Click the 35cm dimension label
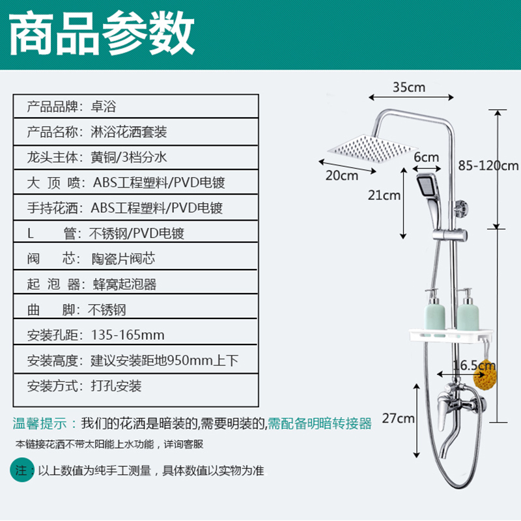pyautogui.click(x=409, y=87)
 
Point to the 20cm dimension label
pyautogui.click(x=342, y=175)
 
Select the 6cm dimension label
pyautogui.click(x=427, y=157)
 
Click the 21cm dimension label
pyautogui.click(x=384, y=195)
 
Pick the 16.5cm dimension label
pyautogui.click(x=465, y=365)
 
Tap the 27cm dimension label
pyautogui.click(x=398, y=418)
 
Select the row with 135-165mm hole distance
pyautogui.click(x=137, y=335)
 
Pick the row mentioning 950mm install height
pyautogui.click(x=137, y=361)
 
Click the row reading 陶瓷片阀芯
pyautogui.click(x=137, y=259)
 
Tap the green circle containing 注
pyautogui.click(x=21, y=470)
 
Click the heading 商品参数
pyautogui.click(x=102, y=34)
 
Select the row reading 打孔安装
pyautogui.click(x=137, y=386)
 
